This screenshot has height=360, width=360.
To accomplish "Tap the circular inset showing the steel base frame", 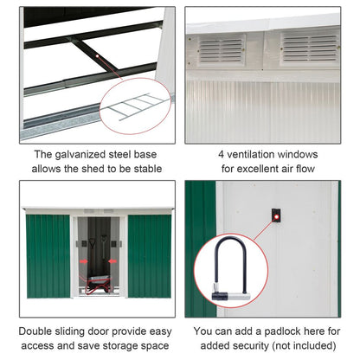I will click(139, 107).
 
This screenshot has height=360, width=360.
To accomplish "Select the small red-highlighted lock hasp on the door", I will click(276, 214).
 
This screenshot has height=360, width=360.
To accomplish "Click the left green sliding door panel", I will click(48, 255).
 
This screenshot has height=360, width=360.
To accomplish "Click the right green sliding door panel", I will click(149, 255).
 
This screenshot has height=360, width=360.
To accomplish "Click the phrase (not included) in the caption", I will click(303, 346).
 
